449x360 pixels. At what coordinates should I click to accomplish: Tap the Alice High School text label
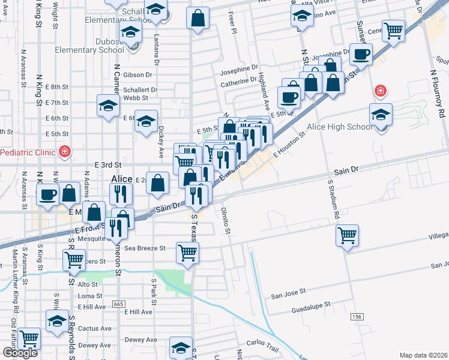(x=339, y=127)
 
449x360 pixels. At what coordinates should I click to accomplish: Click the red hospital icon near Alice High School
(x=380, y=91)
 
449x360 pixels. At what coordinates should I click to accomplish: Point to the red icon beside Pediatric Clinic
(x=64, y=152)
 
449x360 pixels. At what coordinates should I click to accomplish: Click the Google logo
(x=20, y=353)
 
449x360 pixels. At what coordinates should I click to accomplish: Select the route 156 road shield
(x=358, y=316)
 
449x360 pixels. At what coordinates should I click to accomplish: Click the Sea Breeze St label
(x=144, y=248)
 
